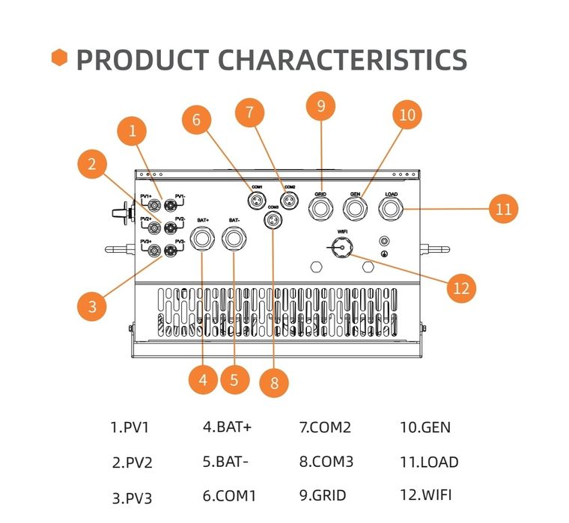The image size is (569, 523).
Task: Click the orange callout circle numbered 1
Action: point(133,132)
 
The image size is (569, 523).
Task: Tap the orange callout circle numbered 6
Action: point(196,120)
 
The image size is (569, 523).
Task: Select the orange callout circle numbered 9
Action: point(321,106)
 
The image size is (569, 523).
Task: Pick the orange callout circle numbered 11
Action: point(503,208)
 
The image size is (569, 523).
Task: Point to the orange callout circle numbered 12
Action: point(462,287)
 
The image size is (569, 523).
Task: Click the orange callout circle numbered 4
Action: point(204,379)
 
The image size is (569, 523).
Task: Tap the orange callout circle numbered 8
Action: point(274,383)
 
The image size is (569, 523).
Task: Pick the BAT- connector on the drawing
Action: point(234,239)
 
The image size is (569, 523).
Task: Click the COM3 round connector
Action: point(273,221)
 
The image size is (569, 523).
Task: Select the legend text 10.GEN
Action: point(425,428)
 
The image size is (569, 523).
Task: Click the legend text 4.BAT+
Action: point(227,427)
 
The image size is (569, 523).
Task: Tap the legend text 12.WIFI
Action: point(426,495)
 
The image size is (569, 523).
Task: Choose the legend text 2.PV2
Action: point(132,462)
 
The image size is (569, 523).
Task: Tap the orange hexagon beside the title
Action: point(60,57)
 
